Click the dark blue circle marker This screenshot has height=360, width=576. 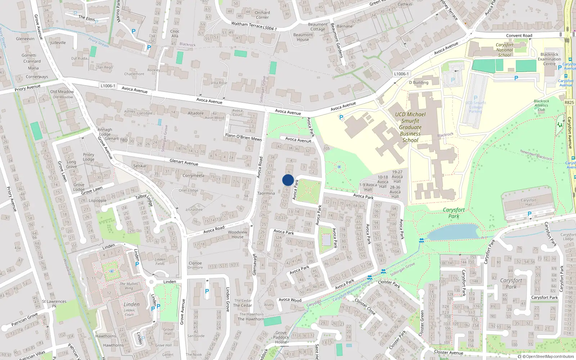coord(288,180)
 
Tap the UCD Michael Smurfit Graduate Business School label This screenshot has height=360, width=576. coord(410,127)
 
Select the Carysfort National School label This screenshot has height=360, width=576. coord(504,50)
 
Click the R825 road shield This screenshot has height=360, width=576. coord(569,103)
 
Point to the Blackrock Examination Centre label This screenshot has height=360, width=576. coord(549,59)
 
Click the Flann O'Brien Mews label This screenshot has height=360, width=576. coord(243,137)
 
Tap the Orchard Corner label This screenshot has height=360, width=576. coord(262,15)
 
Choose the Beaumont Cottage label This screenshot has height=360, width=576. coord(318,27)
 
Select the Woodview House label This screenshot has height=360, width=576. coord(238,234)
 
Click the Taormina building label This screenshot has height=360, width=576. coord(266,193)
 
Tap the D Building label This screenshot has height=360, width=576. coord(419,82)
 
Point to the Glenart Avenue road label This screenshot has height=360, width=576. coord(184,162)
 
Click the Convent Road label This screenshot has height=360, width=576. coord(519,36)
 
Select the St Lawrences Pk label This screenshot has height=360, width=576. coord(54,303)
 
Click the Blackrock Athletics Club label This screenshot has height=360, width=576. coord(541,105)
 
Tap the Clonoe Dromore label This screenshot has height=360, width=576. coord(195,265)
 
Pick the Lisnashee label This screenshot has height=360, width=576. coord(194,210)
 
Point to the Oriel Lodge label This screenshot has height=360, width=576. coord(189,190)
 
